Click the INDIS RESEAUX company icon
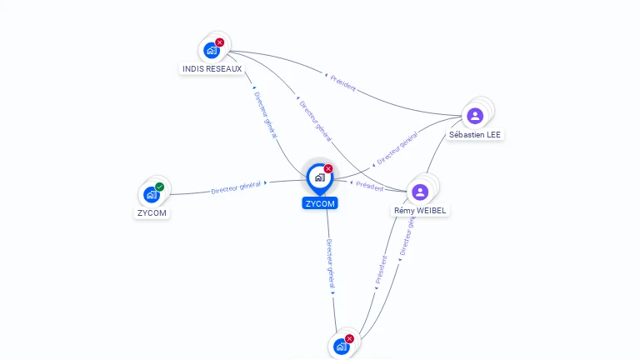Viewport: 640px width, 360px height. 212,50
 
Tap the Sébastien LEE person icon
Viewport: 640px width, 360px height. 475,115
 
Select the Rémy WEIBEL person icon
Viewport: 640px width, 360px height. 420,192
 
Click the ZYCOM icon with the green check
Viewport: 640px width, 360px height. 151,194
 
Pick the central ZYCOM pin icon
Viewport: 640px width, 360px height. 319,177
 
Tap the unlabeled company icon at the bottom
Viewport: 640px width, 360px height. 341,346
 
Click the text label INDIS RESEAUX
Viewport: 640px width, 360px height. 212,68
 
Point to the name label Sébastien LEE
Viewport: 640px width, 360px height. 476,134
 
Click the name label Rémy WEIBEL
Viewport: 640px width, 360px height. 421,211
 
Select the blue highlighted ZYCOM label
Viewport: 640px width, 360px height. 320,203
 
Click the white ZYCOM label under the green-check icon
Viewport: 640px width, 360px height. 152,212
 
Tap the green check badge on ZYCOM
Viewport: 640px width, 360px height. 159,187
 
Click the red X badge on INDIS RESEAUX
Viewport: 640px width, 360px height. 220,42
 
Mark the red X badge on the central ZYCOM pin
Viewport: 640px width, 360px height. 328,168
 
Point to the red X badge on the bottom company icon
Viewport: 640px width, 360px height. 349,338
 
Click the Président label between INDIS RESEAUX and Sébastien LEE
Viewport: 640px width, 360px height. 342,82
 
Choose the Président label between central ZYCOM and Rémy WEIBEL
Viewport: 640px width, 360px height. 368,186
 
